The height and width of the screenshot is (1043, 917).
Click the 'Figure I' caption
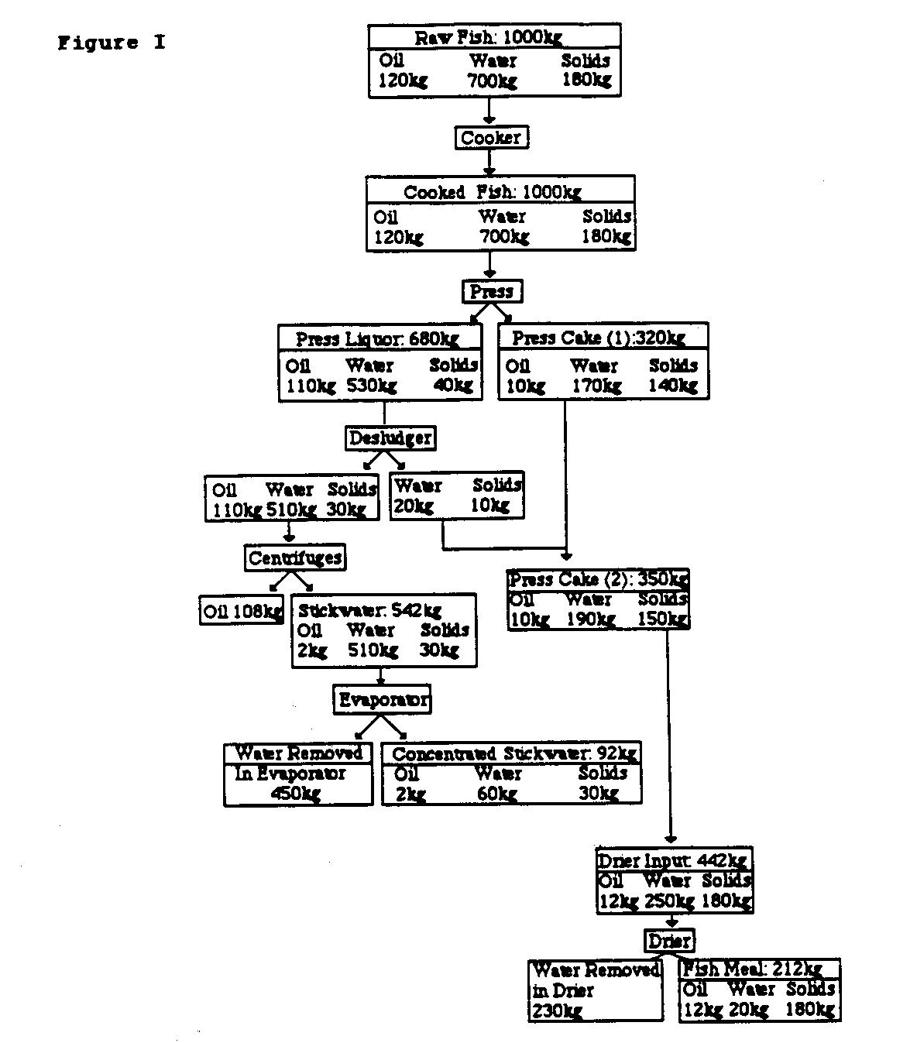point(111,43)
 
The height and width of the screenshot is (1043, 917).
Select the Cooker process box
point(490,138)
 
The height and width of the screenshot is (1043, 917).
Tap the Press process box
point(492,291)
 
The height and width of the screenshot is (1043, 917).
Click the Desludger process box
point(390,437)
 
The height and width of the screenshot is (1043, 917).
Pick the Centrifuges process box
point(295,558)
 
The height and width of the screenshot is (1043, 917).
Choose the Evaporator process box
point(383,700)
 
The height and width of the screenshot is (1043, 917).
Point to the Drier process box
point(669,941)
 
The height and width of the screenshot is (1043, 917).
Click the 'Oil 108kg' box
point(242,611)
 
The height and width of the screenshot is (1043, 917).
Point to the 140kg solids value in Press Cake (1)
point(673,386)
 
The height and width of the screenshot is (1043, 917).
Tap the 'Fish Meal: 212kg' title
point(751,969)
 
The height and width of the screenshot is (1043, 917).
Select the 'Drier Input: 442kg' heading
point(672,859)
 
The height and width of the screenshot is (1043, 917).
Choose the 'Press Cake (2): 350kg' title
point(598,579)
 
